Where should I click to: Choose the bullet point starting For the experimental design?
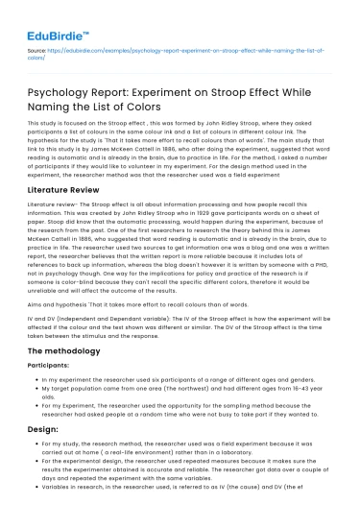(182, 490)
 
